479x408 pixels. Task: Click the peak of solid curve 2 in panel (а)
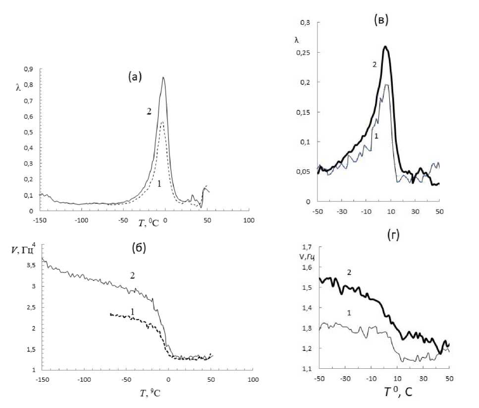[163, 77]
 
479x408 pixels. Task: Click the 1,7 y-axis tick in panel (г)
[308, 247]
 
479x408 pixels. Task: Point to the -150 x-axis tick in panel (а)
[40, 220]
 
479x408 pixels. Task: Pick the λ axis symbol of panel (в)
[297, 40]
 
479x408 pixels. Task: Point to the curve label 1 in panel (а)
[159, 183]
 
